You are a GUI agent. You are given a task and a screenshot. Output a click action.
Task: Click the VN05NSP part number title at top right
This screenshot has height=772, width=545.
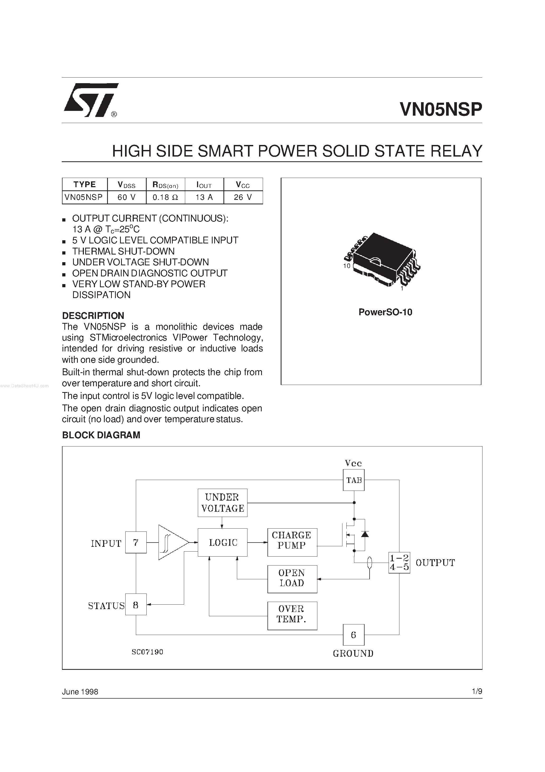(x=441, y=110)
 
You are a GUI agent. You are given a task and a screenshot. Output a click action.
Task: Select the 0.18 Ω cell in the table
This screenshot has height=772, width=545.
(x=165, y=197)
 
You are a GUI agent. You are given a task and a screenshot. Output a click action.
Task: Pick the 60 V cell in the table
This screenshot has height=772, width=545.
(x=127, y=197)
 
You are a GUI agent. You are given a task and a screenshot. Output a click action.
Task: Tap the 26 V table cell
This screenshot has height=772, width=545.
(x=243, y=197)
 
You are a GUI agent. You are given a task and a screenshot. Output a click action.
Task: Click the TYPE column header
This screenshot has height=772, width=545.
(x=85, y=184)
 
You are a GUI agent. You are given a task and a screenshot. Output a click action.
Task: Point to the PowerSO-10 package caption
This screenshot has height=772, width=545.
(x=385, y=312)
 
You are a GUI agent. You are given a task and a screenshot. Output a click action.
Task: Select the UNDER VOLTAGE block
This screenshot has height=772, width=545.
(x=222, y=503)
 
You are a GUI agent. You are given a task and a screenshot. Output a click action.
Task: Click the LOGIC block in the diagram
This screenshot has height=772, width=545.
(x=222, y=542)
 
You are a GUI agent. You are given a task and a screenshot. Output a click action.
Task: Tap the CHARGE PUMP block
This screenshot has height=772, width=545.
(x=292, y=542)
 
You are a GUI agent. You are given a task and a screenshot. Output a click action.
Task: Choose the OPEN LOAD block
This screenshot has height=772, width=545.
(x=292, y=579)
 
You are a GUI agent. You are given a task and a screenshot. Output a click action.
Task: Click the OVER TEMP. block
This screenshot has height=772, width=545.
(x=292, y=616)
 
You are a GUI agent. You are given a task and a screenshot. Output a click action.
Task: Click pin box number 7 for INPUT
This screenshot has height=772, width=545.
(x=136, y=542)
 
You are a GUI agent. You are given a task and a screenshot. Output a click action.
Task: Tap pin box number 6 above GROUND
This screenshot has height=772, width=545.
(x=353, y=635)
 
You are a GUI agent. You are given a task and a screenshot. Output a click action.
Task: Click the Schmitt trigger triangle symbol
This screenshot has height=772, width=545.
(x=171, y=542)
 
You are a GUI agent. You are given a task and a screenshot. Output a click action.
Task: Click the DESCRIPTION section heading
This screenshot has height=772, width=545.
(x=93, y=316)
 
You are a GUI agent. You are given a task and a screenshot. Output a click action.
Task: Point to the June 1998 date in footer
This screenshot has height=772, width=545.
(x=80, y=692)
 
